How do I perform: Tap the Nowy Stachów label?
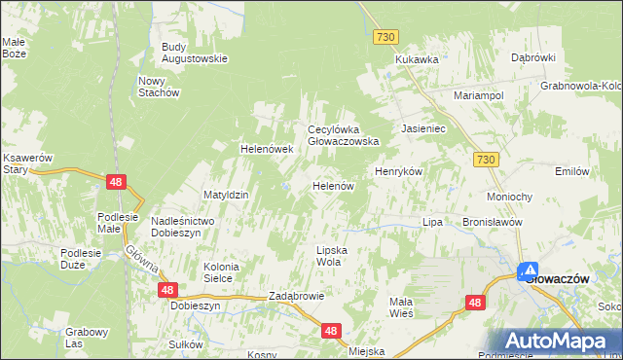coord(160,87)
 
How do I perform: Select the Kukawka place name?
coord(417,59)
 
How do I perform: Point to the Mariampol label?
coord(477,95)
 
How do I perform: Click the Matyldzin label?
coord(226,195)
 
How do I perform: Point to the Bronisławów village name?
coord(494,222)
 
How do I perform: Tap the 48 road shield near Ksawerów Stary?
coord(116,181)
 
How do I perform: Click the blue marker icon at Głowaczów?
coord(528,271)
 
